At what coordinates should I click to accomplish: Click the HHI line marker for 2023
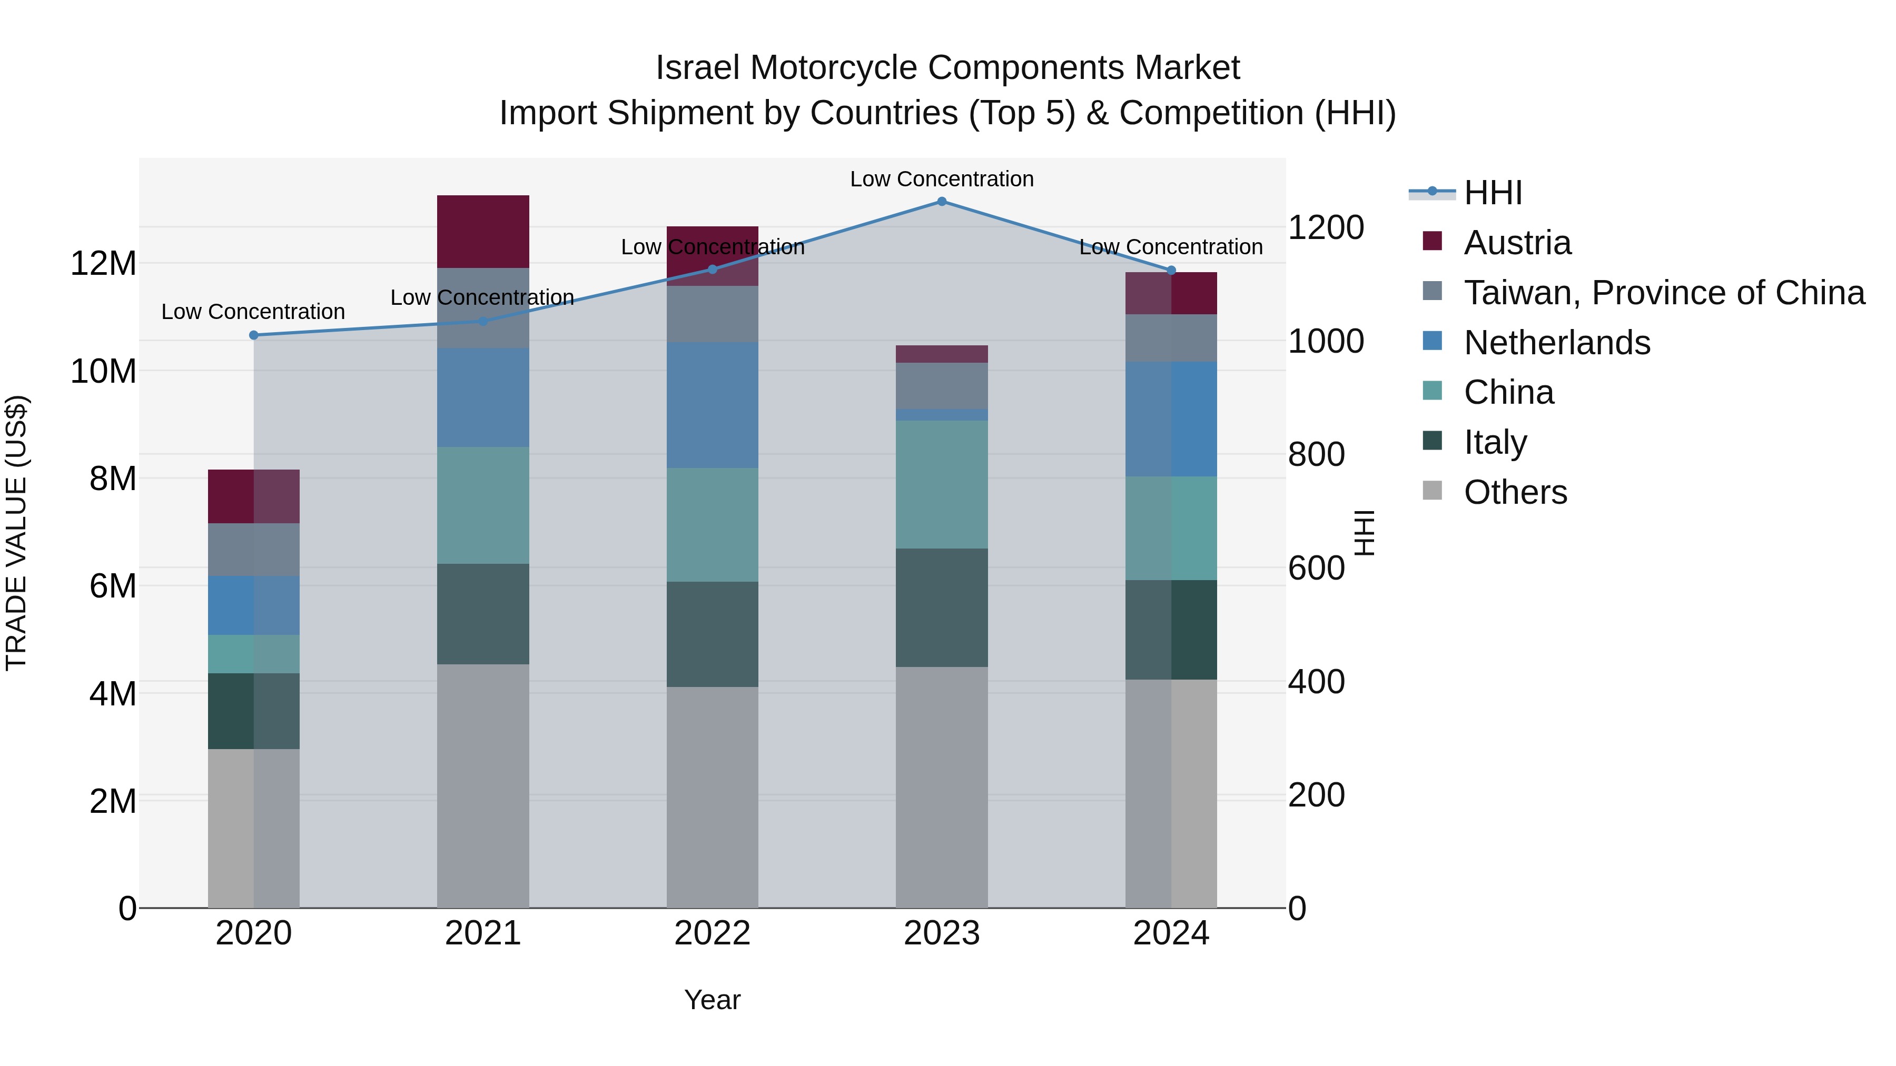941,202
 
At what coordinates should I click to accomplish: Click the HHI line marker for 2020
254,335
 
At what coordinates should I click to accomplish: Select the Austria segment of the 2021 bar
483,232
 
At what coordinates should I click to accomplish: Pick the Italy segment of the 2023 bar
941,607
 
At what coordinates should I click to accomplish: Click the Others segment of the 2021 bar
483,786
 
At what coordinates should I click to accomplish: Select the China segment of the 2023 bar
941,485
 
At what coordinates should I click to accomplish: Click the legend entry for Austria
1517,243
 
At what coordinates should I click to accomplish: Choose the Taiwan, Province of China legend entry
1663,293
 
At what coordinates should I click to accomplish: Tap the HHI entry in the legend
1492,193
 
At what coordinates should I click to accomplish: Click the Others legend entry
1515,492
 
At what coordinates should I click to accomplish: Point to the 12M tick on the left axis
103,263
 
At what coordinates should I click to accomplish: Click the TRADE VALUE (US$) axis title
16,533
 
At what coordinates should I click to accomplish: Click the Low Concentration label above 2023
941,179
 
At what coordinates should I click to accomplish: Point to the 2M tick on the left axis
113,801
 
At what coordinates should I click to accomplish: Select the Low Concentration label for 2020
253,312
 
